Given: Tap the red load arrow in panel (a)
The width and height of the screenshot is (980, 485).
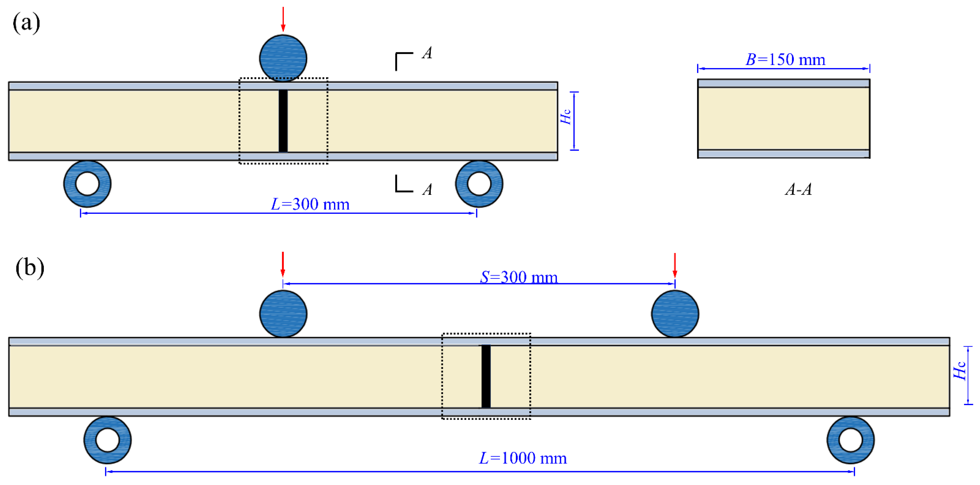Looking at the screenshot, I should pyautogui.click(x=283, y=19).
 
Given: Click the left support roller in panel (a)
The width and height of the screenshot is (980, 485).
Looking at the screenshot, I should pyautogui.click(x=87, y=184).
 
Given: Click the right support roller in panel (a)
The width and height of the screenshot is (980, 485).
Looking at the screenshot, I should pyautogui.click(x=479, y=184).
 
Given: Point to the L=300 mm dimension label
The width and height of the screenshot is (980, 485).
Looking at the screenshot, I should pyautogui.click(x=310, y=204).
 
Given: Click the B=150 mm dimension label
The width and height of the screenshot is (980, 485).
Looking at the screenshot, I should pyautogui.click(x=785, y=60).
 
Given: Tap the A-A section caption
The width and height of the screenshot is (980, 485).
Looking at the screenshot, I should pyautogui.click(x=798, y=189).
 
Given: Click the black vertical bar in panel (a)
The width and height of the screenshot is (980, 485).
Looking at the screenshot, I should pyautogui.click(x=283, y=121).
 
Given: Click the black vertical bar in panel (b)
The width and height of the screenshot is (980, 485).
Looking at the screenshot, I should pyautogui.click(x=486, y=377).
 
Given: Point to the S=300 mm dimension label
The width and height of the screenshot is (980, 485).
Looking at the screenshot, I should pyautogui.click(x=519, y=277).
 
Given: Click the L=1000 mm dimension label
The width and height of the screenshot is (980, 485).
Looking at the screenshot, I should pyautogui.click(x=523, y=458).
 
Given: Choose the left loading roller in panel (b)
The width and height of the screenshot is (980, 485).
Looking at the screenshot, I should pyautogui.click(x=283, y=314).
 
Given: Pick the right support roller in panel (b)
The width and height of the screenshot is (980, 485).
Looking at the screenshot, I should pyautogui.click(x=851, y=440).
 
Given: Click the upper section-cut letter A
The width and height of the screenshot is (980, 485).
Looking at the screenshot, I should pyautogui.click(x=427, y=53).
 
